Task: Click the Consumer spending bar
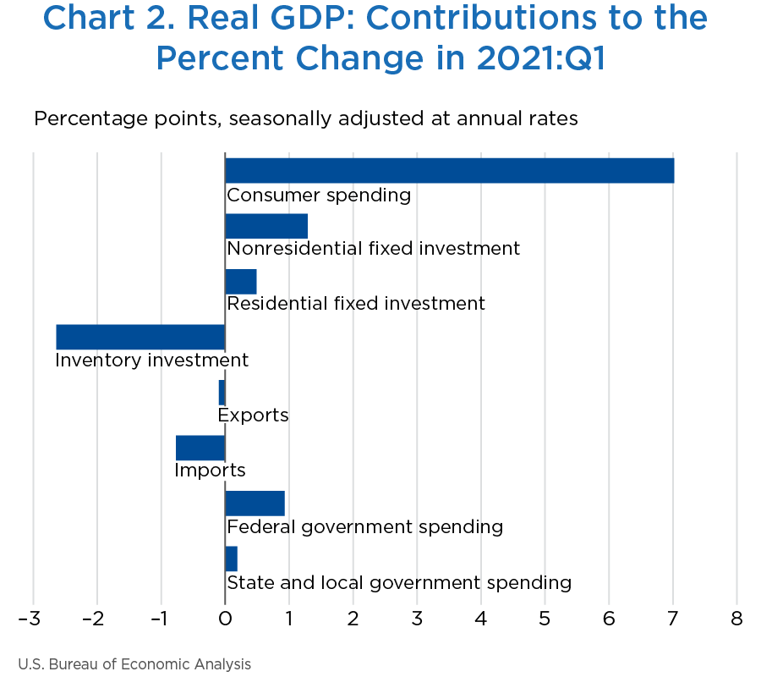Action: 449,170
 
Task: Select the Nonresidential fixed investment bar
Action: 266,226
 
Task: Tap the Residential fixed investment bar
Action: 241,282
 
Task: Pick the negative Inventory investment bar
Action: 140,337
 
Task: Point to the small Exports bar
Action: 222,393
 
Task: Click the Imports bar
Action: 200,448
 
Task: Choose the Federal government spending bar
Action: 255,504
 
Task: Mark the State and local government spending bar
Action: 232,559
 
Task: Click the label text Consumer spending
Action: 319,195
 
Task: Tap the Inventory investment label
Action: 151,361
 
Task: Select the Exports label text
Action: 253,416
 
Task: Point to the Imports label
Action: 210,471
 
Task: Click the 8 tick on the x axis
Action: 736,619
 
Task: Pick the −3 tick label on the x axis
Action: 30,619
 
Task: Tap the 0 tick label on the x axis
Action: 225,619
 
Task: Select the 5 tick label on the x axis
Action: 545,619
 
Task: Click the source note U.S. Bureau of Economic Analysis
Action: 134,664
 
